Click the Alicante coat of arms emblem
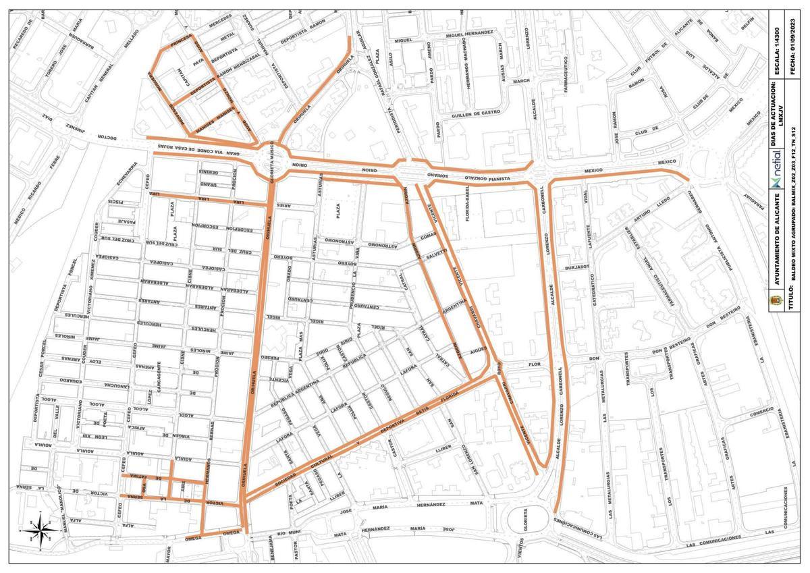pyautogui.click(x=775, y=297)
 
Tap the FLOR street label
pyautogui.click(x=535, y=364)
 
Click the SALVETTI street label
pyautogui.click(x=436, y=253)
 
